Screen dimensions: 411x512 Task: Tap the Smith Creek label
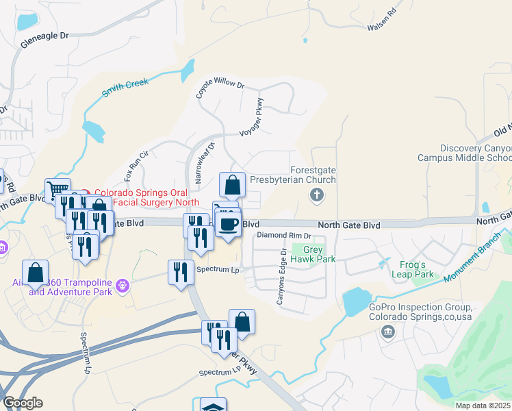click(125, 88)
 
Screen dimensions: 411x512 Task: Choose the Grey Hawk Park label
click(313, 255)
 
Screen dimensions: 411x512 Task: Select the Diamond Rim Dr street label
click(283, 235)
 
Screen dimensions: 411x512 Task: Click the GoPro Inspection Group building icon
click(388, 332)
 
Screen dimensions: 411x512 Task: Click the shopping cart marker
click(57, 190)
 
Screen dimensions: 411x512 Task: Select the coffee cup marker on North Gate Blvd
click(228, 223)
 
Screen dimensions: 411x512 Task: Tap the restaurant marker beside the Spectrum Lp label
click(181, 271)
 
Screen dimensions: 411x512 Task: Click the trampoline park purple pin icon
click(123, 284)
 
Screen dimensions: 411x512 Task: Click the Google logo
click(23, 402)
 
